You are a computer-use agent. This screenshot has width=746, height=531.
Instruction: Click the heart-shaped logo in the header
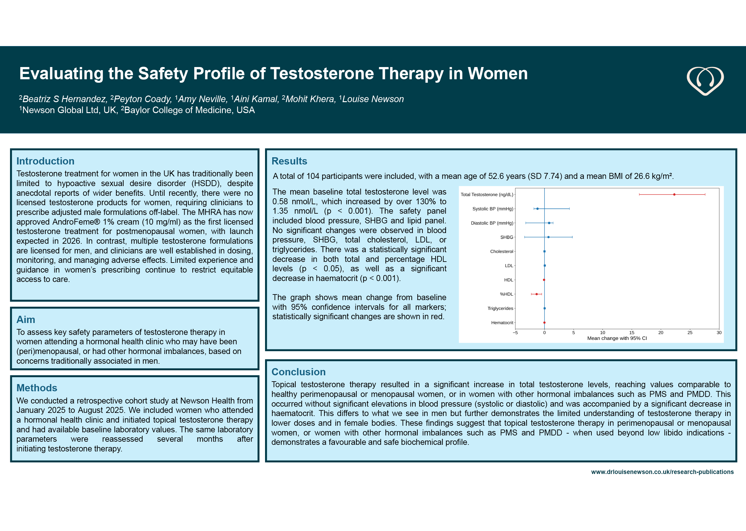705,81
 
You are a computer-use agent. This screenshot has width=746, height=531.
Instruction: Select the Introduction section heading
45,161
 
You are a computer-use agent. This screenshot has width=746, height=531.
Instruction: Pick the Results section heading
289,161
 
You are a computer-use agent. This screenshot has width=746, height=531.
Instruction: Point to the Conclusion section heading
298,372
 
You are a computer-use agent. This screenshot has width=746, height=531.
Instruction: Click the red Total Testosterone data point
674,195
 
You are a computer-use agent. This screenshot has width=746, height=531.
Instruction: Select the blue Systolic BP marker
537,209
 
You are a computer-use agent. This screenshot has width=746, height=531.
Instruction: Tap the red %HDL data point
537,294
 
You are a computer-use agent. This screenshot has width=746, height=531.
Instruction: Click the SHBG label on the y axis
507,237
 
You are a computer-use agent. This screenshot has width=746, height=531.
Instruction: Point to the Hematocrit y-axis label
502,322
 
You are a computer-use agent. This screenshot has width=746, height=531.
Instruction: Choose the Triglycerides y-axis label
500,308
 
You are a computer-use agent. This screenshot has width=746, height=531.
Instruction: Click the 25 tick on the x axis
690,332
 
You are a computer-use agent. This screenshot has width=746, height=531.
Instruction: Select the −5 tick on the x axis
515,332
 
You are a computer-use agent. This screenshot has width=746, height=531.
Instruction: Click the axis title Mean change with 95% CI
617,338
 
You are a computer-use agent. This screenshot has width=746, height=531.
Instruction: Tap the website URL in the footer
662,472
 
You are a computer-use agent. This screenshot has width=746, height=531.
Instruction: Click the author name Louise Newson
373,99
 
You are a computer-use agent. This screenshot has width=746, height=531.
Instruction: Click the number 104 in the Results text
313,176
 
